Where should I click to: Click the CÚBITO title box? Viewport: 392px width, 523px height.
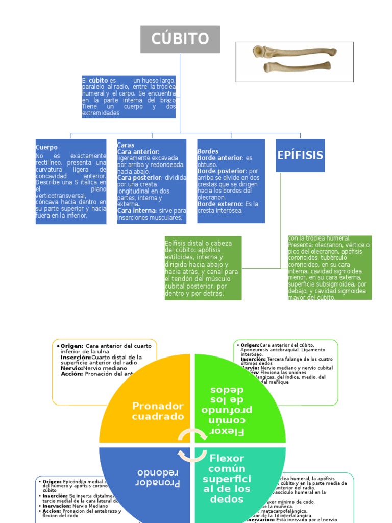(180, 39)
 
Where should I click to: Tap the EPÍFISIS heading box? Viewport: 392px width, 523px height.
(300, 155)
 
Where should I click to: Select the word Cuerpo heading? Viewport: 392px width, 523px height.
(46, 147)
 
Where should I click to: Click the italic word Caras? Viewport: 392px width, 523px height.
(126, 145)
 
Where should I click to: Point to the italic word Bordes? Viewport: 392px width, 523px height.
(208, 151)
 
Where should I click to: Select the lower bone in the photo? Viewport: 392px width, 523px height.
(297, 67)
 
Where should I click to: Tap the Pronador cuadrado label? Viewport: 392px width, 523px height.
(158, 411)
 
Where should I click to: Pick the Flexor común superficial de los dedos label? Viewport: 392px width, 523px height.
(227, 478)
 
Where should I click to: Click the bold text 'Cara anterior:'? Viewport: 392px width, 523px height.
(138, 152)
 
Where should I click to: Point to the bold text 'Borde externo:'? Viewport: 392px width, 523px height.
(220, 204)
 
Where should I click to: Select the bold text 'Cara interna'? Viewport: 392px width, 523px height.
(135, 210)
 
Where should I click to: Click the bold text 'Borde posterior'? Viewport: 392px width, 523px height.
(222, 171)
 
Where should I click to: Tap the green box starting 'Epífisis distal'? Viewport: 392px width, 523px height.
(203, 268)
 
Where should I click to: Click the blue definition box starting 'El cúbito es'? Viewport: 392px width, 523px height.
(129, 97)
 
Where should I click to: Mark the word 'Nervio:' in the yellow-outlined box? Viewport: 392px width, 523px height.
(72, 368)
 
